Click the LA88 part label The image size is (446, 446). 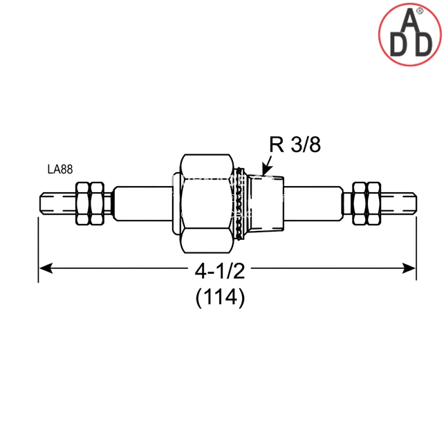[x=60, y=169]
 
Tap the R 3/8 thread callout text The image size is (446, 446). [x=295, y=145]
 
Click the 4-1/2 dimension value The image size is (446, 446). [x=220, y=271]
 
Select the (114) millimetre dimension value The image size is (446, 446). [x=220, y=297]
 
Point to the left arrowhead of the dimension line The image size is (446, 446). [x=46, y=268]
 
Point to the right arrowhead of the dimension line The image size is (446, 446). [x=408, y=268]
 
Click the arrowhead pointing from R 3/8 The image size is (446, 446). [x=266, y=170]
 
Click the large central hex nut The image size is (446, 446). [x=207, y=204]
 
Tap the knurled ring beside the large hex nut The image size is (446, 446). [x=241, y=203]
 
